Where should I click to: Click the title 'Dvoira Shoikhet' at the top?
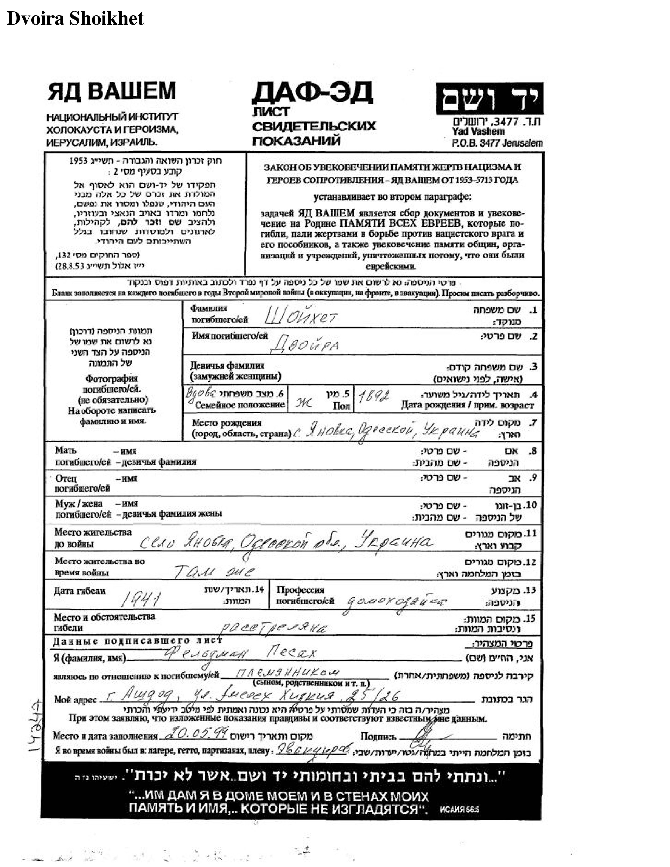pyautogui.click(x=75, y=19)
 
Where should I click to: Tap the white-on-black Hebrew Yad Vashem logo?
pyautogui.click(x=489, y=99)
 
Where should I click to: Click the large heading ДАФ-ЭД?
pyautogui.click(x=312, y=92)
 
